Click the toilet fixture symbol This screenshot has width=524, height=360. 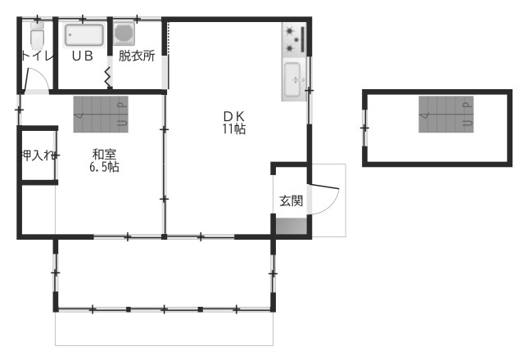tap(37, 36)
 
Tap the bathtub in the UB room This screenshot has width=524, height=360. tap(84, 34)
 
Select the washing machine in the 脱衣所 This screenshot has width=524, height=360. tap(124, 34)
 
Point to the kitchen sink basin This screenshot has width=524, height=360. tap(293, 79)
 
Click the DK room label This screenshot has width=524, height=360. tap(234, 116)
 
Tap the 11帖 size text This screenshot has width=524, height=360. tap(234, 128)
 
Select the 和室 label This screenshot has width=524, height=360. tap(104, 155)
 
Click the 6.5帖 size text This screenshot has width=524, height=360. tap(104, 166)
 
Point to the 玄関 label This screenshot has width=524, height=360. tap(291, 201)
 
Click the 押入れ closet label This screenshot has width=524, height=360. tap(38, 155)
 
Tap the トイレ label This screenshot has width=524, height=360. tap(37, 56)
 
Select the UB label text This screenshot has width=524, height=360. tap(83, 56)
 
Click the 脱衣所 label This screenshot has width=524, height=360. tap(137, 56)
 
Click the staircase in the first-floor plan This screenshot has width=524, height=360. tap(101, 115)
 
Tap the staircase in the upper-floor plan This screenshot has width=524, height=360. tap(446, 115)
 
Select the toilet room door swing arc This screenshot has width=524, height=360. tap(42, 74)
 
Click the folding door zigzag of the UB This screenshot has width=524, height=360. tap(108, 78)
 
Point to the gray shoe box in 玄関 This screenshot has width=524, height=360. tap(291, 226)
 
